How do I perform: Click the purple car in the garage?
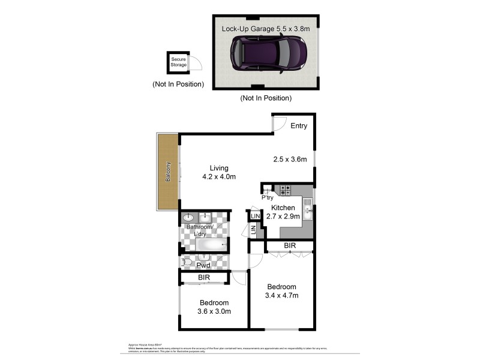(269, 53)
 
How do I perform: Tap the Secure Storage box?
(178, 62)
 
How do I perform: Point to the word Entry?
(299, 126)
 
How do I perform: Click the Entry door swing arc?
(278, 124)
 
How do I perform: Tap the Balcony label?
(169, 172)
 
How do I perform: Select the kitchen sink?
(307, 209)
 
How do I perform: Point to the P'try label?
(267, 197)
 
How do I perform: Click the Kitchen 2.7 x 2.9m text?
(283, 212)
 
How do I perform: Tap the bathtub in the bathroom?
(206, 245)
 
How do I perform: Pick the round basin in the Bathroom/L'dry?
(188, 217)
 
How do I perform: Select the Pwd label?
(203, 265)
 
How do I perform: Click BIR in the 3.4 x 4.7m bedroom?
(289, 246)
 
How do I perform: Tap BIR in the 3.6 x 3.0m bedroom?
(203, 278)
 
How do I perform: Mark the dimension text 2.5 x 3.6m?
(290, 160)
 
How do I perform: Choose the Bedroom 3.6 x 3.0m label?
(214, 307)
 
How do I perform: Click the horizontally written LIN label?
(255, 215)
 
